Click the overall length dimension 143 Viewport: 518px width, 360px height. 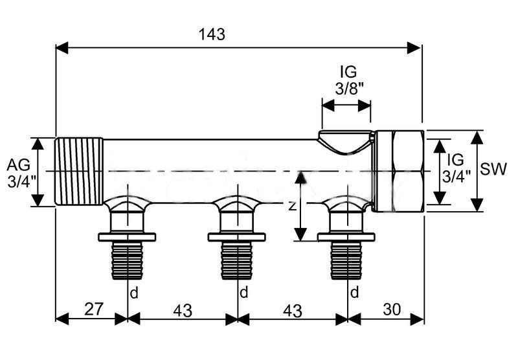coord(212,35)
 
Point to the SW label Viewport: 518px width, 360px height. coord(495,170)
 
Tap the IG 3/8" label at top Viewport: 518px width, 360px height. coord(348,80)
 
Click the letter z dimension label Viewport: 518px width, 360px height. coord(293,206)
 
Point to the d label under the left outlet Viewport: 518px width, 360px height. coord(134,293)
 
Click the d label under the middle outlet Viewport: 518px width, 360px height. coord(243,293)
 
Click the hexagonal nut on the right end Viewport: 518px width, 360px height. coord(399,171)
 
